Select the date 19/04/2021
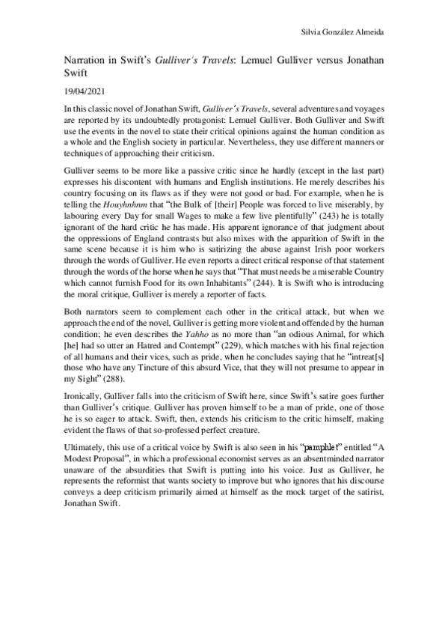tap(82, 94)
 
